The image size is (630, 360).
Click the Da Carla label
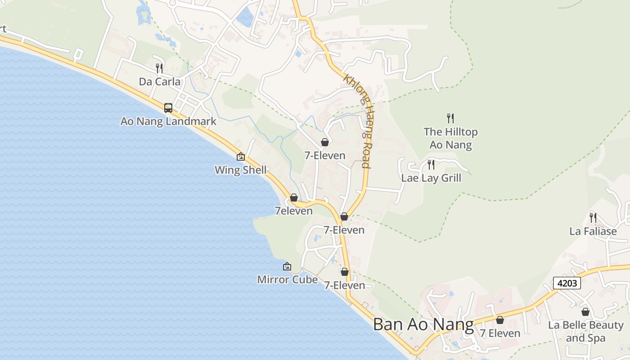click(160, 82)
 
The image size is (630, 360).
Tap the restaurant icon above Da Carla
click(159, 68)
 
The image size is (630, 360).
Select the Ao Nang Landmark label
click(168, 121)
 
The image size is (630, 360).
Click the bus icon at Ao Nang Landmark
click(168, 108)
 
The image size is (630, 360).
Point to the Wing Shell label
click(240, 170)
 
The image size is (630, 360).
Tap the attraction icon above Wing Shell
click(241, 157)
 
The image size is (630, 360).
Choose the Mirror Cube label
click(287, 279)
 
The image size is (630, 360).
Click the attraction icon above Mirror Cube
click(287, 266)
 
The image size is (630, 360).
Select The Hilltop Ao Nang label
click(450, 138)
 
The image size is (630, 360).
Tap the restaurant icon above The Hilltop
click(450, 118)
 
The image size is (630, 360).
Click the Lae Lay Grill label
click(431, 178)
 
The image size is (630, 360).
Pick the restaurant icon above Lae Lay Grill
click(431, 165)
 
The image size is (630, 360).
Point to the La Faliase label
click(593, 231)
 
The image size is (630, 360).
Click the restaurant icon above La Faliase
click(593, 218)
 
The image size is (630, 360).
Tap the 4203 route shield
click(567, 283)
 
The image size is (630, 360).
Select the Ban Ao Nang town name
click(423, 324)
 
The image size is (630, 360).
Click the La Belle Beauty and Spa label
click(585, 331)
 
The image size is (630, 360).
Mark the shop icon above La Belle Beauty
click(585, 311)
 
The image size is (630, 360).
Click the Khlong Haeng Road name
click(359, 121)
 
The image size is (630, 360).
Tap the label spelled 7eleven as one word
click(293, 211)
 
